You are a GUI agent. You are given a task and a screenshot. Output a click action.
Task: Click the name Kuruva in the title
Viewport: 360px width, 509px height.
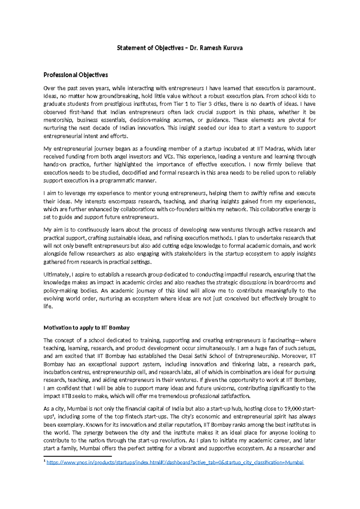(x=232, y=48)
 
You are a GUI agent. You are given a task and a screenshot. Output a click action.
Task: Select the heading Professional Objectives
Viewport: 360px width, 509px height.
(x=76, y=75)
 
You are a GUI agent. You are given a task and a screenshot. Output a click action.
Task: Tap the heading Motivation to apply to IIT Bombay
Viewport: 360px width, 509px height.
(x=86, y=327)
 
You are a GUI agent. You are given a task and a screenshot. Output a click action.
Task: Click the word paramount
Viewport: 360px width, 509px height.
(x=301, y=88)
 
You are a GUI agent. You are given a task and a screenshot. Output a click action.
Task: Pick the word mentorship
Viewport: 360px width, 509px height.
(x=57, y=120)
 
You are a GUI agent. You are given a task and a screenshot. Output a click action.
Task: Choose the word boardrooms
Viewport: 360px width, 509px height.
(x=289, y=282)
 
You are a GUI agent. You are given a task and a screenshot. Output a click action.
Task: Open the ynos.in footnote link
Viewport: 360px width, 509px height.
(x=175, y=462)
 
